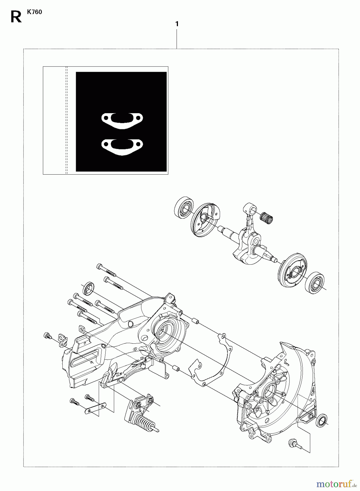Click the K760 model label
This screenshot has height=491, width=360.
pyautogui.click(x=34, y=12)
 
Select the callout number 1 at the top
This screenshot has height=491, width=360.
pyautogui.click(x=177, y=24)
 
